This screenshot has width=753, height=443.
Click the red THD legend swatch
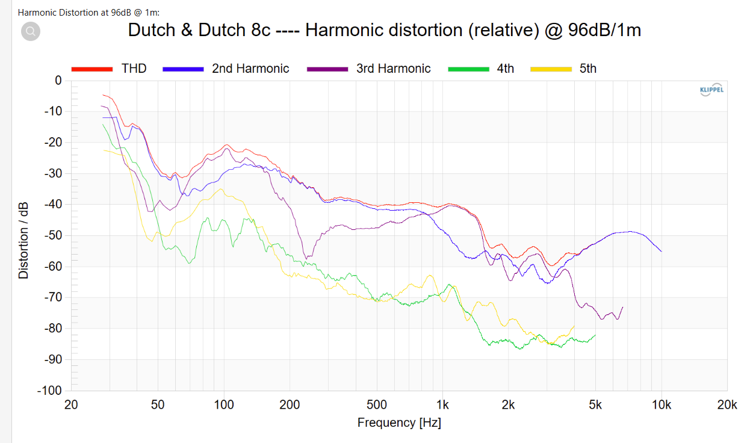point(92,69)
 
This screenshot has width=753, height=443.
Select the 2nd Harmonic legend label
point(250,69)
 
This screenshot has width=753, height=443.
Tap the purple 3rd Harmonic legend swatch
point(327,69)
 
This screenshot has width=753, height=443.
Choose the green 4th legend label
point(505,69)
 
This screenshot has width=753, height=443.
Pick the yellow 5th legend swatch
point(550,69)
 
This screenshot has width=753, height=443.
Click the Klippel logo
point(711,90)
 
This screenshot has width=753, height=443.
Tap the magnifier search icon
point(31,31)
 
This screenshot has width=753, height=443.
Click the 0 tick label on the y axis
point(58,81)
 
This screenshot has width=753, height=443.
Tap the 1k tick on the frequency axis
point(443,405)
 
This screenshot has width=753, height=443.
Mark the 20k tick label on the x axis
point(727,405)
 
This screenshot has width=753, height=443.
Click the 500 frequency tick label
point(377,405)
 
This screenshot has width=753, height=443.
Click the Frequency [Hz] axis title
point(399,423)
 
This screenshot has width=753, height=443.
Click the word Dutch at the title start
point(152,31)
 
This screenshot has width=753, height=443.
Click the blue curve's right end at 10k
point(661,251)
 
